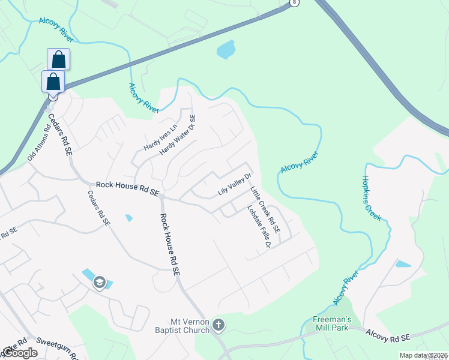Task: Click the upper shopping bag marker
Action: coord(58,59)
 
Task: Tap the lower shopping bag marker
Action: coord(53,81)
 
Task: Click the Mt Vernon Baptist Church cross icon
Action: coord(218,325)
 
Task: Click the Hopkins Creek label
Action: coord(372,198)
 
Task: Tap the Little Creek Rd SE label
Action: coord(265,209)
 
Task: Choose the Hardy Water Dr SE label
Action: coord(178,136)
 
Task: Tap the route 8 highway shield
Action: coord(294,3)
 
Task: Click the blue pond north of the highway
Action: coord(225,50)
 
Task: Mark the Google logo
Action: coord(20,353)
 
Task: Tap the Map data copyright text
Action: coord(423,355)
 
